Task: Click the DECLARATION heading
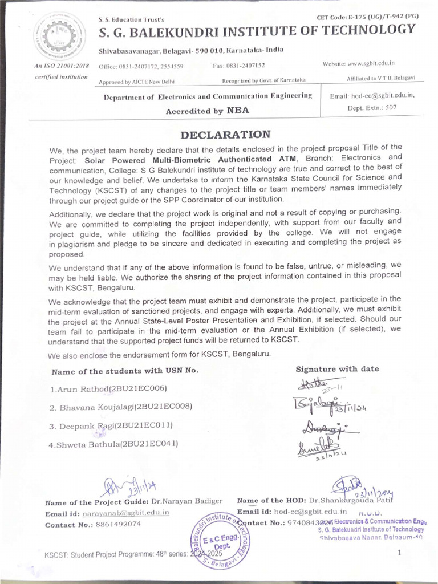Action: point(225,135)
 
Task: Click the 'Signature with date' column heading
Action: point(336,369)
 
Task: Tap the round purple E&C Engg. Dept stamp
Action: point(219,538)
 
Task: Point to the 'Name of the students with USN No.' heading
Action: point(125,370)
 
